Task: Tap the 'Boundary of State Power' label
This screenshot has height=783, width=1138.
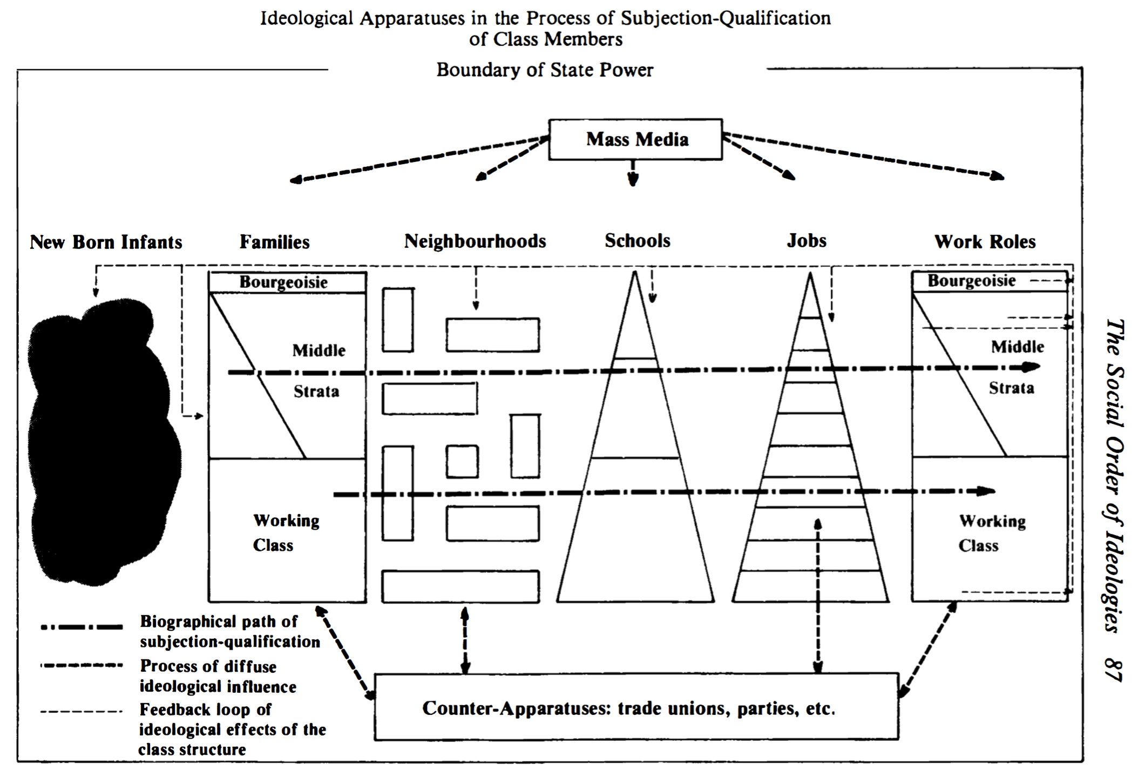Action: coord(545,70)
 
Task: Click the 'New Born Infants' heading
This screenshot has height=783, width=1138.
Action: coord(106,242)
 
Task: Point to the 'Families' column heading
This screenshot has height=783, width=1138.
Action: coord(275,241)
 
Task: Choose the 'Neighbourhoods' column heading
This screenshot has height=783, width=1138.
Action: coord(475,241)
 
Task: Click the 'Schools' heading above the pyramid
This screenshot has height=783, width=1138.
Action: coord(638,240)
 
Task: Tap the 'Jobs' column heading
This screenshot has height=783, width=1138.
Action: coord(807,240)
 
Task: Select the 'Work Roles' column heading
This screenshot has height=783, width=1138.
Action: coord(985,241)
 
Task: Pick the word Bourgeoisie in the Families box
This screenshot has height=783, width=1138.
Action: coord(283,282)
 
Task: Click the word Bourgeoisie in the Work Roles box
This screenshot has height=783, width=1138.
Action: coord(972,280)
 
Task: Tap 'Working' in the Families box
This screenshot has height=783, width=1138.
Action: coord(286,521)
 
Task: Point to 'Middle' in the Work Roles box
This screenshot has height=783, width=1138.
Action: coord(1018,346)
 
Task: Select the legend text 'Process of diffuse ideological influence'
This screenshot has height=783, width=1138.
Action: coord(218,676)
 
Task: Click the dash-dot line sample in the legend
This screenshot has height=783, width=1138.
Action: coord(82,627)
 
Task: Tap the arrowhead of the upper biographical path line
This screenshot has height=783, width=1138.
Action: coord(1032,367)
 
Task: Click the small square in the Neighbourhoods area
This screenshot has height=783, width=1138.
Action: coord(462,462)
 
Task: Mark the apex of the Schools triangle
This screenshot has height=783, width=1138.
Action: coord(635,271)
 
